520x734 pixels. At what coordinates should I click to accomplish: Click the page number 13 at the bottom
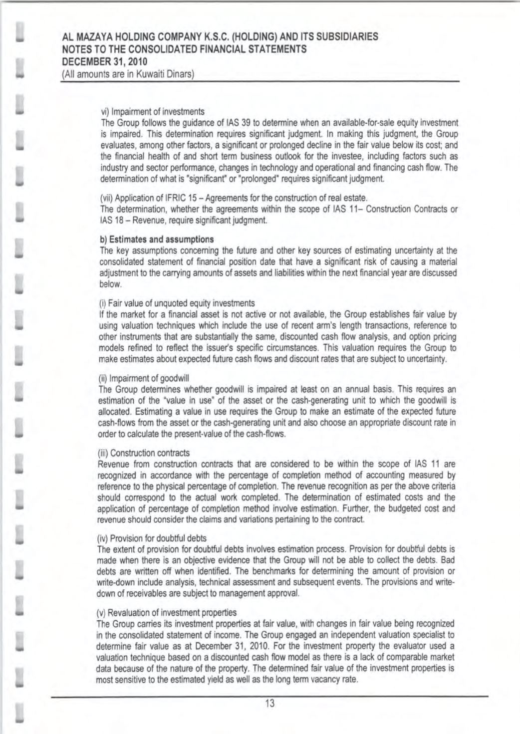click(x=269, y=704)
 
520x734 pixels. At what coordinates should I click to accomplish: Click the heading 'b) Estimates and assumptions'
click(x=157, y=240)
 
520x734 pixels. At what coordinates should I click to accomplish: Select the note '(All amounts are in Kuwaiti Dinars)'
click(x=127, y=74)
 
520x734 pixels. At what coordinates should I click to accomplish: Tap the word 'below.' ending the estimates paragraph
click(x=110, y=284)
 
